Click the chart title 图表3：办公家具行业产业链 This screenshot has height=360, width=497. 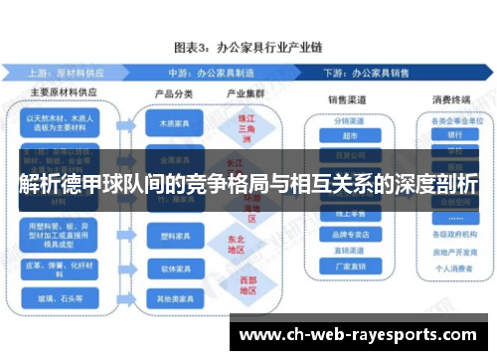(248, 47)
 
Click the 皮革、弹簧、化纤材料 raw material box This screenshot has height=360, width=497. (63, 267)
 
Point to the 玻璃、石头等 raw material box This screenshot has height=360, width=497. (63, 296)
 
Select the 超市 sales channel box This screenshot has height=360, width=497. (347, 135)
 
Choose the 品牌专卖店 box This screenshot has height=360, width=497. (347, 234)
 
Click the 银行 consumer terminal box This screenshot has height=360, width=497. (454, 135)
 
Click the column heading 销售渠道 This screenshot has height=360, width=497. (347, 100)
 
